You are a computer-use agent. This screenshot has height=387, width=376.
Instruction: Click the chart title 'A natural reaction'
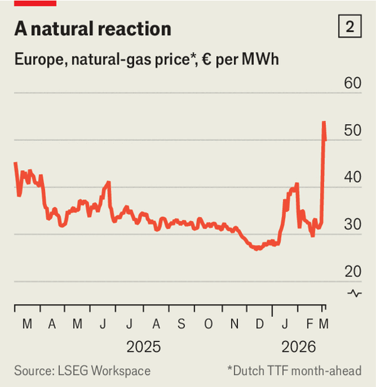pos(93,29)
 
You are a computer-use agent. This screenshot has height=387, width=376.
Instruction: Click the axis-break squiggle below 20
pos(354,293)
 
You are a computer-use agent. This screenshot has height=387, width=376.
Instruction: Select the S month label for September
pos(181,324)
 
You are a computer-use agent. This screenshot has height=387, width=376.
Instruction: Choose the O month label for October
pos(208,324)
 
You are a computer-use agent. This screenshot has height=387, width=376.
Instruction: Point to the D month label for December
pos(259,324)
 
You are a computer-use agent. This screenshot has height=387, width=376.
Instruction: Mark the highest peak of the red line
pos(324,122)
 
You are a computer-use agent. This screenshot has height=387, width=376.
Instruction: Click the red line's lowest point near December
pos(256,249)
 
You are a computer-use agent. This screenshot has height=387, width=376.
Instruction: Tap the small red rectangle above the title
pos(35,3)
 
